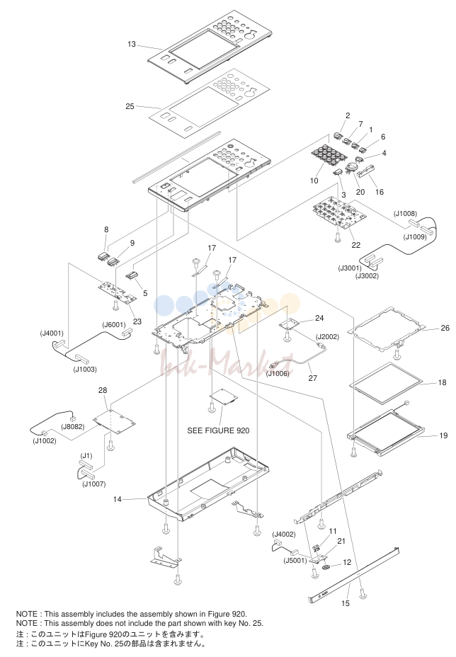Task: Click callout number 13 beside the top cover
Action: [x=132, y=44]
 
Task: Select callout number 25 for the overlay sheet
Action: [x=130, y=106]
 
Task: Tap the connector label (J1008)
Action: [x=405, y=214]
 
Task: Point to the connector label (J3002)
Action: [x=367, y=275]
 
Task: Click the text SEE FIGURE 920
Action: [x=218, y=430]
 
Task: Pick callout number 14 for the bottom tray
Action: [x=118, y=499]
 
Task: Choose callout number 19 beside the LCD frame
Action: [x=443, y=435]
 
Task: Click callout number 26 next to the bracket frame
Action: [x=445, y=328]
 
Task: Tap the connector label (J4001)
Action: [x=52, y=333]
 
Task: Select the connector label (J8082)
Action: [x=72, y=426]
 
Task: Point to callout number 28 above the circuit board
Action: [x=103, y=390]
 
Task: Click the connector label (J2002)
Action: [x=327, y=336]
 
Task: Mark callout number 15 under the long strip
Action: [x=346, y=603]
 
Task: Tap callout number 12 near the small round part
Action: [x=347, y=562]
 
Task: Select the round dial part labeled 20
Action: [x=350, y=168]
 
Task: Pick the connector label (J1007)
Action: [x=94, y=484]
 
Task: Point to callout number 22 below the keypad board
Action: [x=356, y=245]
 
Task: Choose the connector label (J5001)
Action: [x=295, y=560]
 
